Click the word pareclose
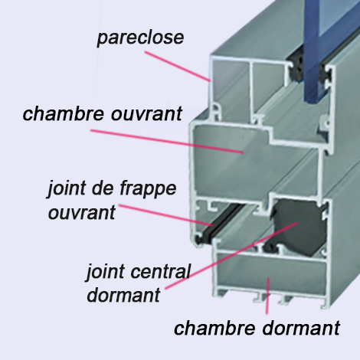[x=140, y=38]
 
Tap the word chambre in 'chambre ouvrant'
[x=63, y=113]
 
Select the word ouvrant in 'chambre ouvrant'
[x=146, y=114]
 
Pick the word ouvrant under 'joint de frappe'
[x=82, y=213]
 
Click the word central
[x=161, y=271]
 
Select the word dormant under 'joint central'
[x=123, y=295]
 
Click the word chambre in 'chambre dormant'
[x=214, y=328]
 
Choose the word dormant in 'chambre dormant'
[x=301, y=328]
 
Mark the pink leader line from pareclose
[x=178, y=67]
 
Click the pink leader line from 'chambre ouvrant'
[x=167, y=142]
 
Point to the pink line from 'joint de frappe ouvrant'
[x=165, y=215]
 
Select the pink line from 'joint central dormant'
[x=231, y=256]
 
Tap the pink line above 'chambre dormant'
[x=267, y=296]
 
